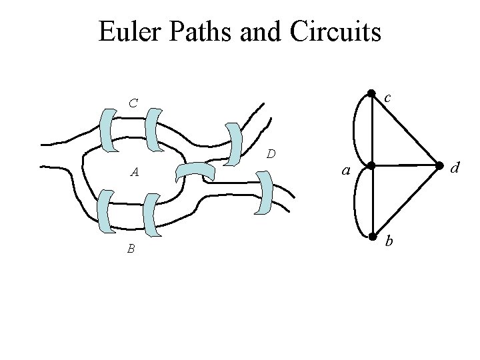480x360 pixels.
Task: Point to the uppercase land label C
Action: [134, 103]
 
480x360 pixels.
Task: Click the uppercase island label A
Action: [135, 173]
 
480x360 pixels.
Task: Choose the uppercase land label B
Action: [132, 249]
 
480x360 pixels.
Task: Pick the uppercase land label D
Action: [271, 155]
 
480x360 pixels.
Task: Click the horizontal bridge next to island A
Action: [198, 172]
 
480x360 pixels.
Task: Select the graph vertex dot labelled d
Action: [439, 165]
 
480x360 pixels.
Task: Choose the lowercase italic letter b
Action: [390, 241]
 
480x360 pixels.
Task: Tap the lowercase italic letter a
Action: [345, 171]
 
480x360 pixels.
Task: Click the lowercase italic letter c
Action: [386, 98]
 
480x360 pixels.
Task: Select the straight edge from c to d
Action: [405, 130]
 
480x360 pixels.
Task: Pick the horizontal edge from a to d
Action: [405, 165]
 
